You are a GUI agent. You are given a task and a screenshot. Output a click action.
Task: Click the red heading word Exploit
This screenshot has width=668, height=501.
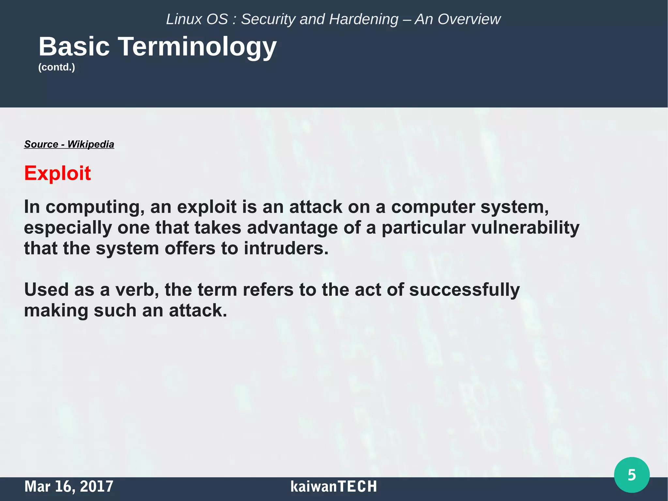coord(57,173)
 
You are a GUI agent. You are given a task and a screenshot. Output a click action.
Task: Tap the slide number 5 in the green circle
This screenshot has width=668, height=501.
coord(631,475)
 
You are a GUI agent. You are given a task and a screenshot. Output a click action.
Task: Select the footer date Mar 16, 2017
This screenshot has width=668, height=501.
coord(69,486)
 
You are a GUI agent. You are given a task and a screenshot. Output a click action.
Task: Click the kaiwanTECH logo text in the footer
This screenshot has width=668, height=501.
coord(333,486)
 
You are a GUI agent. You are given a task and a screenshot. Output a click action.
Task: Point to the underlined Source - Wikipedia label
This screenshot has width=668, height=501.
coord(69,144)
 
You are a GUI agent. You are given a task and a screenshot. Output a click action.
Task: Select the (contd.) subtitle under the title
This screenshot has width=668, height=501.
coord(57,67)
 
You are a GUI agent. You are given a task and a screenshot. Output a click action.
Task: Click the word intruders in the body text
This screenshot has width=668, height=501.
coord(286,248)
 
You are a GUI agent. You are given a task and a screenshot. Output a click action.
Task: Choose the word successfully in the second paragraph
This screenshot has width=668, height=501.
coord(464,290)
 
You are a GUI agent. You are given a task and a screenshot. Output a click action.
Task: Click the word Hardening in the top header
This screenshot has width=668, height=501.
coord(364,19)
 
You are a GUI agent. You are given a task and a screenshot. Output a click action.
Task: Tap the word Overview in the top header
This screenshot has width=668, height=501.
coord(469,19)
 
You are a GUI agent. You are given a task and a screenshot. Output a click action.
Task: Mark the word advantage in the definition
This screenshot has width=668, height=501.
coord(292,228)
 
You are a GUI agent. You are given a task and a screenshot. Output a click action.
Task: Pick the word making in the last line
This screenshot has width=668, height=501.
coord(56,311)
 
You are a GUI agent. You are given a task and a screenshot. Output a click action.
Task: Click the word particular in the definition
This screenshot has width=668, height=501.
coord(423,227)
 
